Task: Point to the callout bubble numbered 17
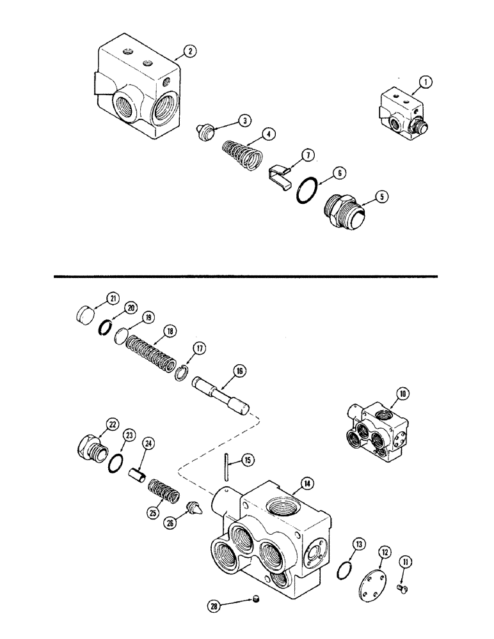(x=199, y=348)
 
